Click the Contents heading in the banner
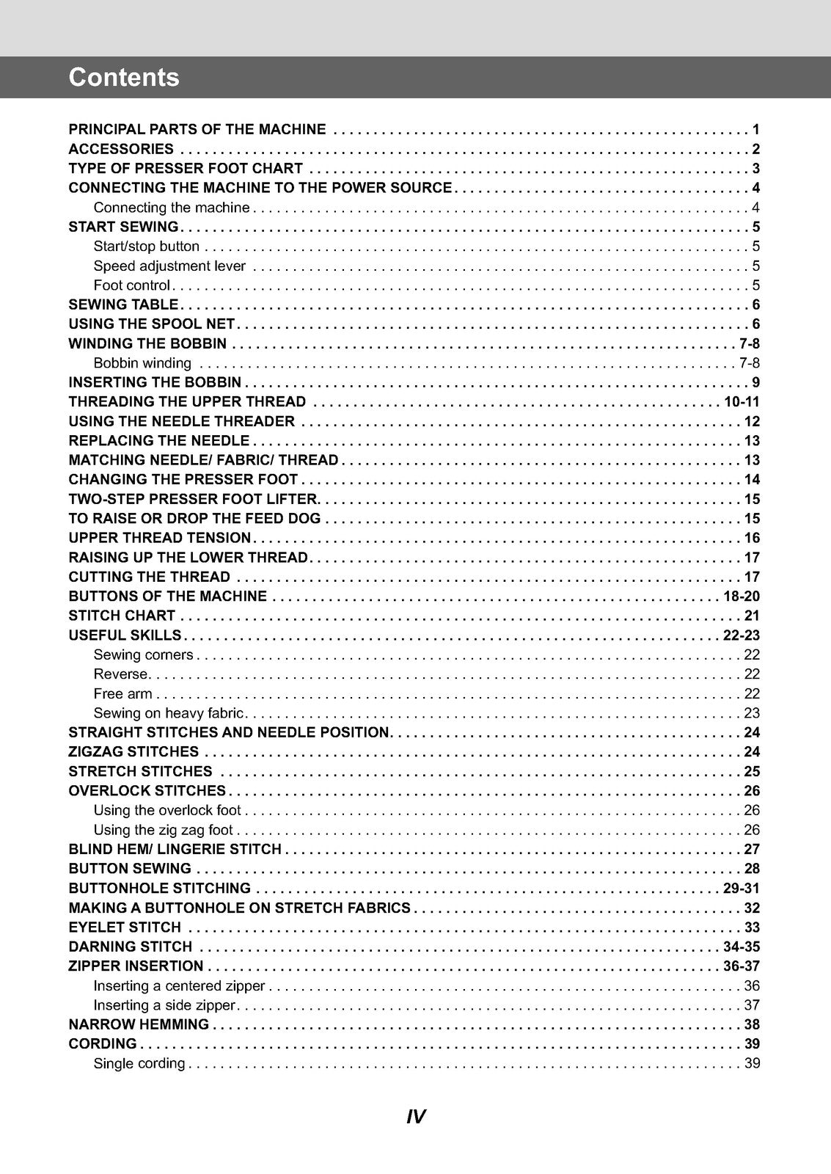[124, 78]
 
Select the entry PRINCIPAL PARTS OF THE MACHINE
[197, 130]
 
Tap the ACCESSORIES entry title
[121, 149]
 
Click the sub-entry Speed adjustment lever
[169, 266]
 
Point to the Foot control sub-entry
[131, 285]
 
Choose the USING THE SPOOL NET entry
[152, 324]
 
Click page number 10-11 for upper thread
[742, 402]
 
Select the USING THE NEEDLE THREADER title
[182, 422]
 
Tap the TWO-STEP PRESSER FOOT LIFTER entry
[193, 500]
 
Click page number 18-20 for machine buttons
[742, 597]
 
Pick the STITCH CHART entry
[122, 616]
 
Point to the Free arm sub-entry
[123, 694]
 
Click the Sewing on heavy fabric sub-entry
[168, 713]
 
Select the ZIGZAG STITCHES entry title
[133, 752]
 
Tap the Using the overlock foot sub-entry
[167, 811]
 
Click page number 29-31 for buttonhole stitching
[742, 889]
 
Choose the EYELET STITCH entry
[125, 927]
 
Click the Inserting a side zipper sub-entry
[164, 1005]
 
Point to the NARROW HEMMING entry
[139, 1024]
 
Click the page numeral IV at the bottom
[415, 1118]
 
